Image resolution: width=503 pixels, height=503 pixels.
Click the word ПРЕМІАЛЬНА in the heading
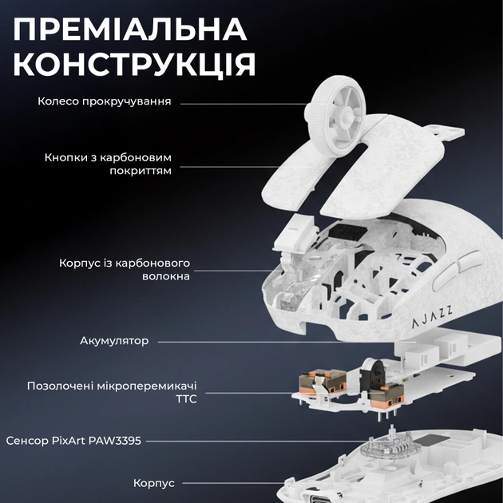click(x=129, y=30)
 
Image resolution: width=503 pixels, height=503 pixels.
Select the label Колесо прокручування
click(x=105, y=102)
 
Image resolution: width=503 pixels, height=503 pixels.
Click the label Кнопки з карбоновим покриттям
click(x=108, y=164)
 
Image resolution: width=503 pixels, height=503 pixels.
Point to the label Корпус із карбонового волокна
click(x=124, y=269)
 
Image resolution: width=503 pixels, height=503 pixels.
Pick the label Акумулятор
click(x=113, y=341)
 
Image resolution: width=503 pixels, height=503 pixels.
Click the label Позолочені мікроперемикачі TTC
click(x=111, y=392)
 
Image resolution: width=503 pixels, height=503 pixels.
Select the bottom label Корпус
click(x=155, y=483)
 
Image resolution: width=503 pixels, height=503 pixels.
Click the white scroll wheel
click(x=335, y=119)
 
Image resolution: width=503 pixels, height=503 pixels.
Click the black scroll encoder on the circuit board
click(x=371, y=373)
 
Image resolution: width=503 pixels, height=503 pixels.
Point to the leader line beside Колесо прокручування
click(x=240, y=103)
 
